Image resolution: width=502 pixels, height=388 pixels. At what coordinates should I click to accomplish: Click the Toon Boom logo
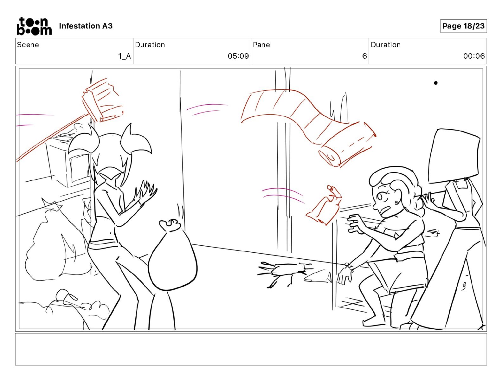click(x=34, y=26)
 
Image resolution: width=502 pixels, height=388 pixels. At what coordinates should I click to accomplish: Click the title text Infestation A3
click(x=86, y=26)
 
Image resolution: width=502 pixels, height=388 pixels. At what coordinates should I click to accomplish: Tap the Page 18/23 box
click(x=463, y=26)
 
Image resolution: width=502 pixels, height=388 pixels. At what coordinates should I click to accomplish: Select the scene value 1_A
click(x=125, y=56)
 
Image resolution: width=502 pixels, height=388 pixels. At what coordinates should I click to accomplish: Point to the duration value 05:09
click(x=238, y=56)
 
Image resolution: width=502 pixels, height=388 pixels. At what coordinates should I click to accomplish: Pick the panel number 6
click(x=364, y=56)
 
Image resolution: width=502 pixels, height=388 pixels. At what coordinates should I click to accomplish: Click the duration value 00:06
click(x=474, y=56)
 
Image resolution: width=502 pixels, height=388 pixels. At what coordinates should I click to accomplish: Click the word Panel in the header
click(x=262, y=45)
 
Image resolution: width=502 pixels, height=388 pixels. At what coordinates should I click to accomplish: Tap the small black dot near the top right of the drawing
click(x=436, y=83)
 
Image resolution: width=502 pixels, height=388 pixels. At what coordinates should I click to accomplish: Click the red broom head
click(x=103, y=100)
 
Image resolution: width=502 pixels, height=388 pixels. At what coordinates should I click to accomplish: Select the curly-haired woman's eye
click(x=380, y=197)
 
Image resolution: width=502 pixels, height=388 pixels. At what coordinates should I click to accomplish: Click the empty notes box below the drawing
click(x=251, y=349)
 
